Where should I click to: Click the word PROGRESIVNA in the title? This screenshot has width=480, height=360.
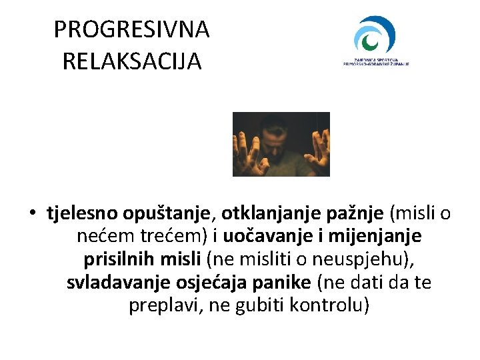click(x=131, y=29)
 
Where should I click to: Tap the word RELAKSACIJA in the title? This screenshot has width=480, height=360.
click(x=131, y=61)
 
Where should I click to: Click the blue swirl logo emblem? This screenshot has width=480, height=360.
click(x=375, y=35)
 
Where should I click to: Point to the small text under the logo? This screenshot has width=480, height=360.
click(x=375, y=61)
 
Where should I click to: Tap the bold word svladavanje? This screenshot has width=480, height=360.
click(x=121, y=282)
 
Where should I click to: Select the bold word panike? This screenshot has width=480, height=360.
click(x=282, y=282)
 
